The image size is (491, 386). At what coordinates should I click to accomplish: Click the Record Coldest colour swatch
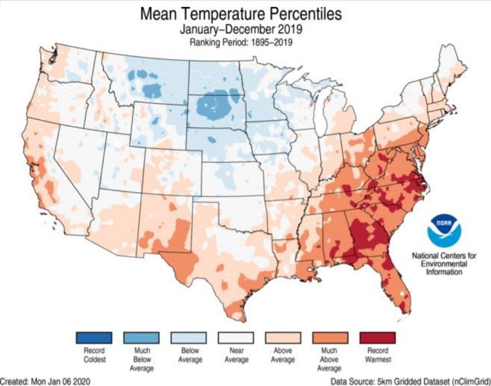tap(94, 337)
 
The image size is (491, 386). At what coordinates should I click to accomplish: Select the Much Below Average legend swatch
tap(141, 337)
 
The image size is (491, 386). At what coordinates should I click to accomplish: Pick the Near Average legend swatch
tap(236, 337)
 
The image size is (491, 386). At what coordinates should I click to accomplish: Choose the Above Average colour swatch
tap(283, 337)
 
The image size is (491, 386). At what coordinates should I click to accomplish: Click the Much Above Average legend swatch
tap(330, 337)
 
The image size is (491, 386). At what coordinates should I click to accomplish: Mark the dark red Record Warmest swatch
tap(377, 337)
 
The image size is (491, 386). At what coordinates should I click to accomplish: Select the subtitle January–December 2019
tap(241, 30)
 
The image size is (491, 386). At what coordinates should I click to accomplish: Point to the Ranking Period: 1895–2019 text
tap(241, 43)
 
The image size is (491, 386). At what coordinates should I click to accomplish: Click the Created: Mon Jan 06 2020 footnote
tap(45, 381)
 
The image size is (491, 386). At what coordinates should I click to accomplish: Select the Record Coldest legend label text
tap(94, 355)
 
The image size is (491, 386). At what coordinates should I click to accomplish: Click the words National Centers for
tap(444, 256)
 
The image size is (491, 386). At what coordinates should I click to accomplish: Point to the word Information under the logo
tap(444, 272)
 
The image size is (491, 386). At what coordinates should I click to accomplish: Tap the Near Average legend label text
tap(236, 355)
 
